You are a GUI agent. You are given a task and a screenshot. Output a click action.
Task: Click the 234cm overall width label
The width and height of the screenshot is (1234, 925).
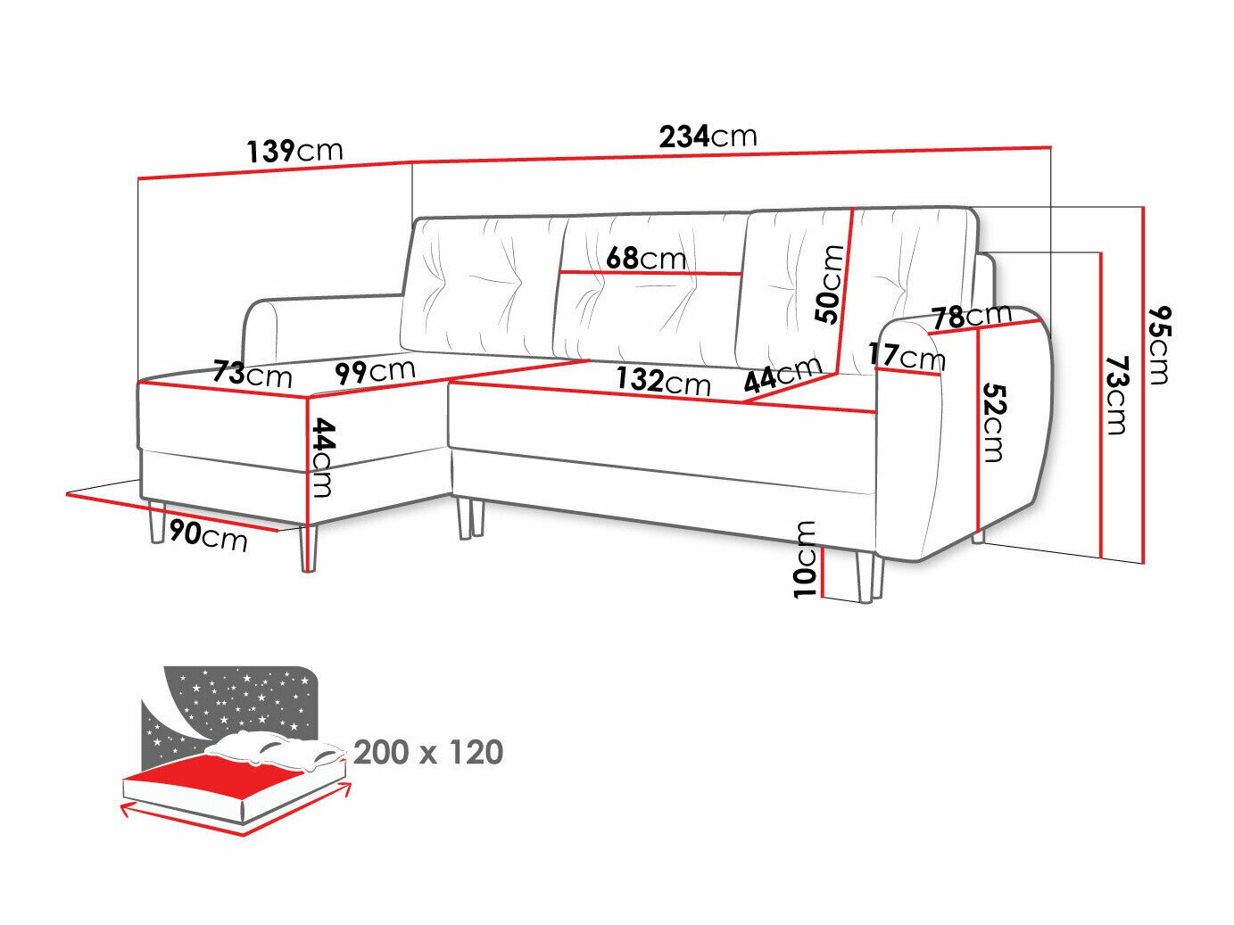tap(708, 136)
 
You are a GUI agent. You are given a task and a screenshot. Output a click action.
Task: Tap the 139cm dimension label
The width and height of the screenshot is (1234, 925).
tap(294, 151)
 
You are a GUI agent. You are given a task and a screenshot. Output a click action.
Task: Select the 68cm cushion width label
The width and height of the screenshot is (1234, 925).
tap(646, 258)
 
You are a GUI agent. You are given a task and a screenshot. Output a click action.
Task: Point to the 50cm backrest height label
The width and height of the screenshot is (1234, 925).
tap(829, 284)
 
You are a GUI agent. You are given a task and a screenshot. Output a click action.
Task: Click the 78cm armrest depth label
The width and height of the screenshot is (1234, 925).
tap(972, 315)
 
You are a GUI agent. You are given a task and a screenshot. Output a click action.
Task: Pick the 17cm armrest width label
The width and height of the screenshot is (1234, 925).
tap(906, 356)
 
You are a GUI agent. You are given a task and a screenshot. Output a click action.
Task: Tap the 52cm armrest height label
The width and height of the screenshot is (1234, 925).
tap(993, 423)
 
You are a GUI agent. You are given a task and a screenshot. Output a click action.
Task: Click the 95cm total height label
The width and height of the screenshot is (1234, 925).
tap(1159, 344)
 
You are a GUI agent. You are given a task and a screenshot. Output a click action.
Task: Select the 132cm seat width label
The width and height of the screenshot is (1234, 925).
tap(663, 381)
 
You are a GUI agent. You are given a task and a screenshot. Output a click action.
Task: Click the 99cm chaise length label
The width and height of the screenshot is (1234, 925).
tap(376, 370)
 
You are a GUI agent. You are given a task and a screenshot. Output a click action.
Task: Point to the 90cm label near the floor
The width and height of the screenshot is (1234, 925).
tap(207, 535)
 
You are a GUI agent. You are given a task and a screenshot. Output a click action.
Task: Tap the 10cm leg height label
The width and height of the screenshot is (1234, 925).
tap(805, 559)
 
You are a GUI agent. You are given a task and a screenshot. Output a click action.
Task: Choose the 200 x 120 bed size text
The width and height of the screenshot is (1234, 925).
tap(428, 753)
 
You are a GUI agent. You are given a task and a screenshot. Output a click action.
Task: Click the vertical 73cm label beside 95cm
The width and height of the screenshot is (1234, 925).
tap(1116, 394)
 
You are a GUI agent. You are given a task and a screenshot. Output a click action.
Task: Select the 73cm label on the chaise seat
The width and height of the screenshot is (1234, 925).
tap(253, 374)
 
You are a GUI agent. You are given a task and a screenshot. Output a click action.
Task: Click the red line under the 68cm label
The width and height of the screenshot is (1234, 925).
tap(651, 272)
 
